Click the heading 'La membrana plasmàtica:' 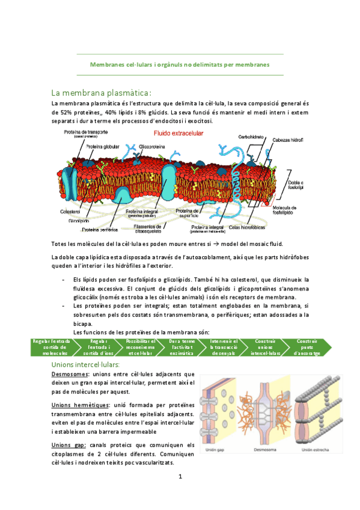[x=101, y=93]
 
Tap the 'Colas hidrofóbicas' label [x=244, y=227]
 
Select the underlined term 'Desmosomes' [x=69, y=374]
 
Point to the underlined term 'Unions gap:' [x=69, y=444]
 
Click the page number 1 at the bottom [x=180, y=477]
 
